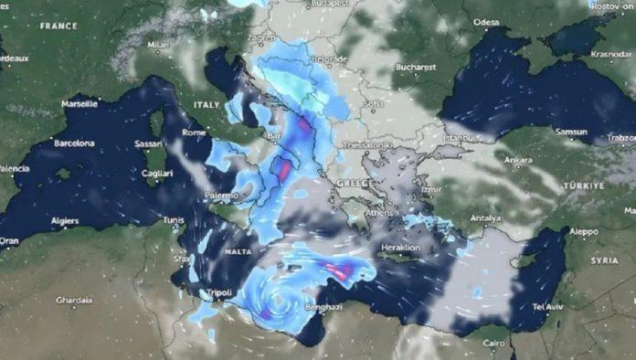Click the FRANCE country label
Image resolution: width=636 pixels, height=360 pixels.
(59, 26)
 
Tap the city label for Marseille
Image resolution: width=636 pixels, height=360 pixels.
(80, 104)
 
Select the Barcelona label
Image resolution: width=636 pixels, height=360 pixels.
(74, 143)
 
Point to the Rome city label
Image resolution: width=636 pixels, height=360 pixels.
(194, 133)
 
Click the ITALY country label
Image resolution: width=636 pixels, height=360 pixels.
(207, 105)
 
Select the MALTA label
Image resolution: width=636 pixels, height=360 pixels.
(238, 251)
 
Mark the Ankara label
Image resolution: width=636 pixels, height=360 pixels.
(518, 160)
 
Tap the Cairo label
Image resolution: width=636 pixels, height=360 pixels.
(493, 344)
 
